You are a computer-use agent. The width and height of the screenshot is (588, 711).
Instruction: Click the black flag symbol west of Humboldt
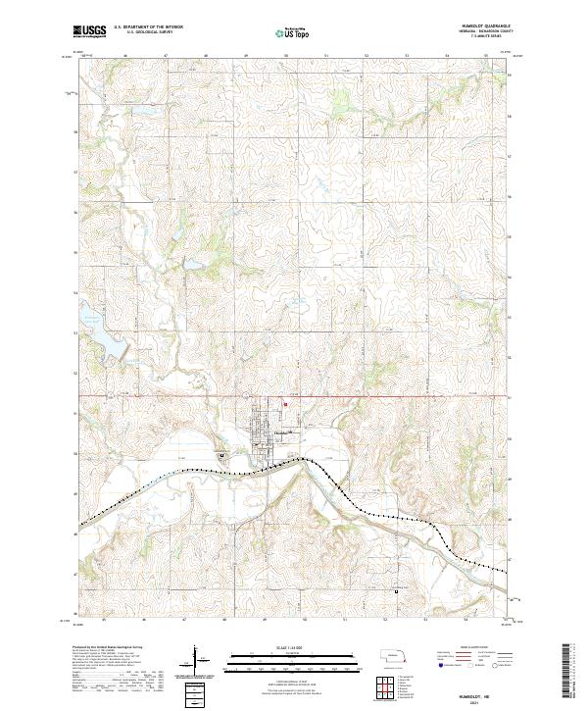222,454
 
